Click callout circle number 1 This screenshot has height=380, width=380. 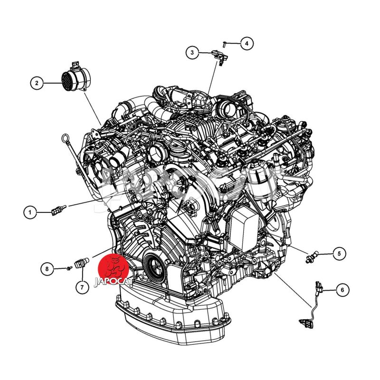point(30,212)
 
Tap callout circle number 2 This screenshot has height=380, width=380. point(37,83)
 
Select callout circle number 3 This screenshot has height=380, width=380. point(192,52)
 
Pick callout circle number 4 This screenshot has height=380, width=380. point(247,44)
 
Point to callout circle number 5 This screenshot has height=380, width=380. point(339,254)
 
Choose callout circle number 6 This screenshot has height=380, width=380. point(342,290)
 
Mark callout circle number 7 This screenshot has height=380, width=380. point(82,287)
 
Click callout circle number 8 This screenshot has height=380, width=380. point(47,269)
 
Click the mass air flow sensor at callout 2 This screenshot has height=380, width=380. point(76,77)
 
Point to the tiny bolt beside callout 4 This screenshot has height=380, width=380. point(224,44)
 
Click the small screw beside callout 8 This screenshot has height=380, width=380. point(69,268)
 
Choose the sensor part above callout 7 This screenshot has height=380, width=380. point(82,263)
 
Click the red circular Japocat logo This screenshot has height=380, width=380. point(114,268)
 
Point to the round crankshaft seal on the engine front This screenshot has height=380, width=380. point(152,265)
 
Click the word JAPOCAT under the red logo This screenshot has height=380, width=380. point(114,282)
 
